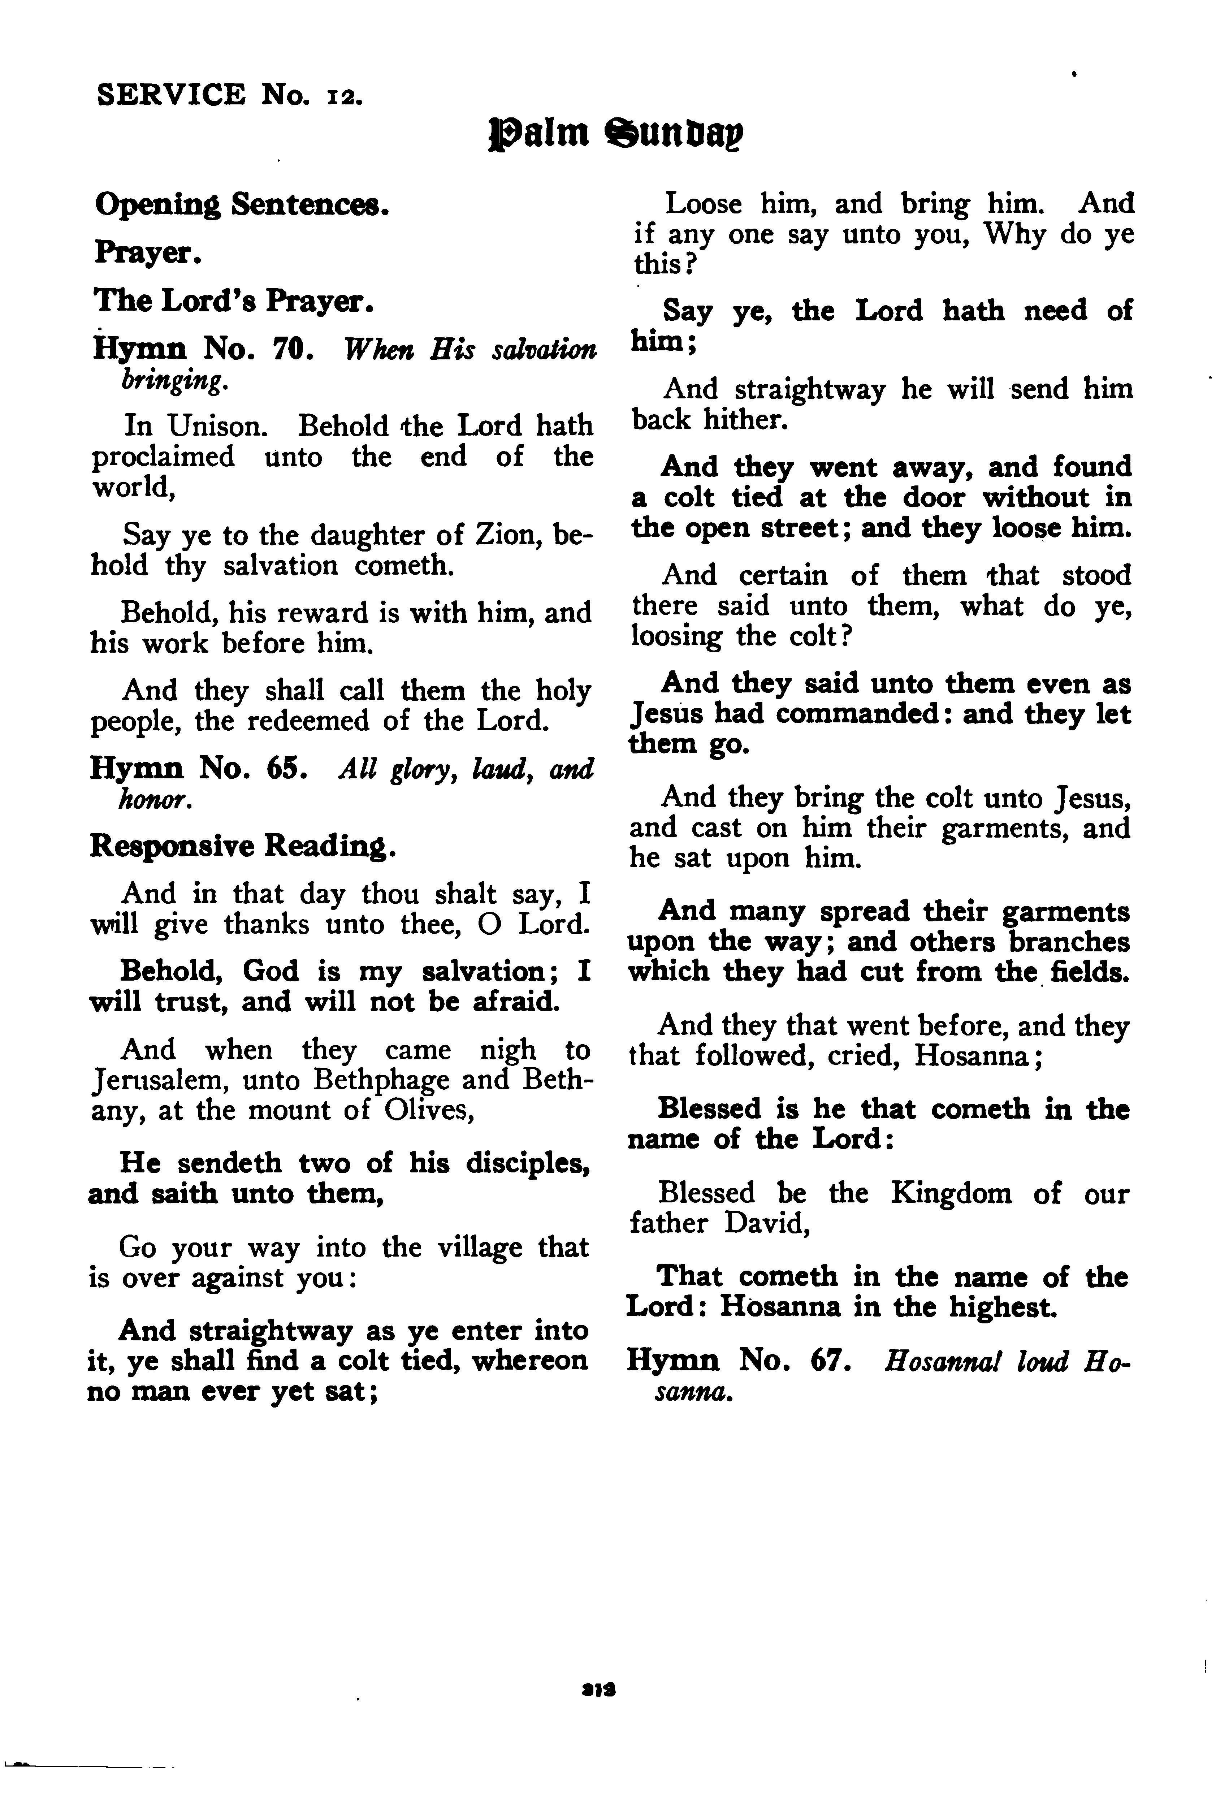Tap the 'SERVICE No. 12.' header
(x=225, y=95)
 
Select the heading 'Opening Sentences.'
(x=239, y=206)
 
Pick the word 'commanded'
(x=856, y=714)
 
